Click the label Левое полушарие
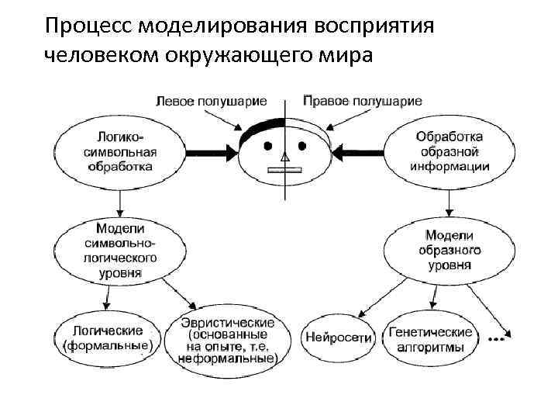pos(212,102)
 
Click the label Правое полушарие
pos(362,101)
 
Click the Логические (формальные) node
pos(107,339)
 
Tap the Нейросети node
pos(339,339)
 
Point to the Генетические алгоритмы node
pos(431,339)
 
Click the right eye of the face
pos(303,146)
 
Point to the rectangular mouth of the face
pos(284,168)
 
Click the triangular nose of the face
pos(284,159)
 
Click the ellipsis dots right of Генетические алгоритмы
pos(497,339)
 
